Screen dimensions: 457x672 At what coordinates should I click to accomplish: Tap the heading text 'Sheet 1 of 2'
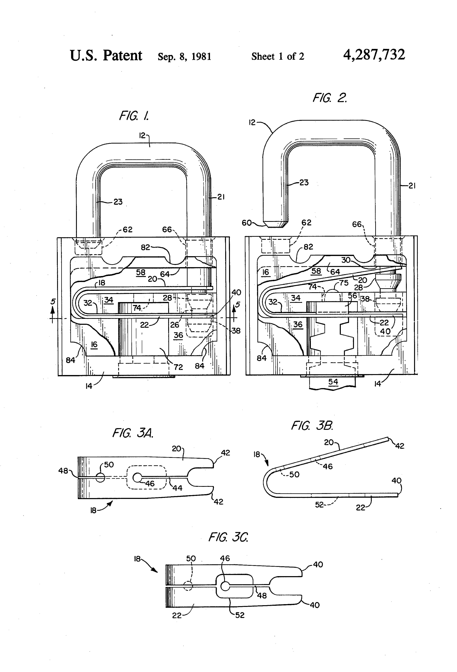(x=278, y=56)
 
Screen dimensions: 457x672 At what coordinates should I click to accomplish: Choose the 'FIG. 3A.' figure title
(x=133, y=433)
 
